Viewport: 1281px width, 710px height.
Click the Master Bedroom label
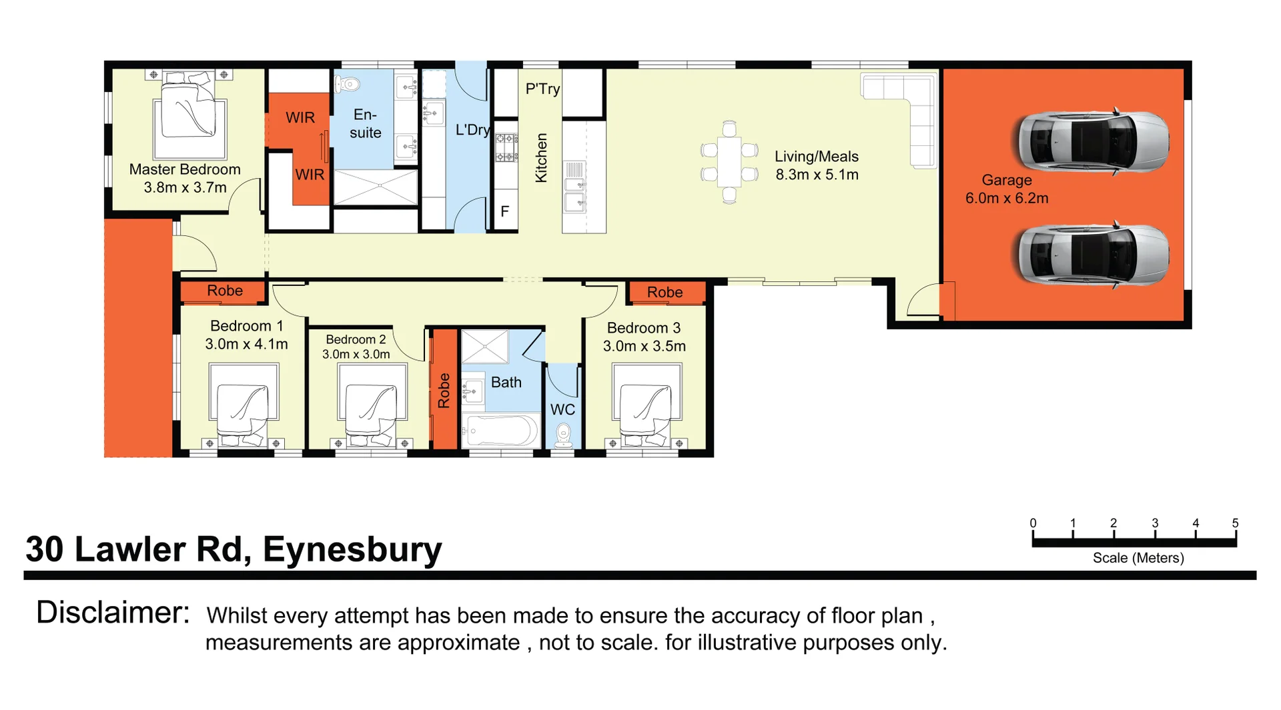[185, 169]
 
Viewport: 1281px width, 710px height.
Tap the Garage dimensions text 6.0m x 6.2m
[1006, 198]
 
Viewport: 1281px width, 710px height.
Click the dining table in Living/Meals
[729, 161]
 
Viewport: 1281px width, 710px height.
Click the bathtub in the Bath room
[500, 431]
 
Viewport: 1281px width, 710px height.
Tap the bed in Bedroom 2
[372, 410]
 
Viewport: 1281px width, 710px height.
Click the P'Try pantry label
[542, 89]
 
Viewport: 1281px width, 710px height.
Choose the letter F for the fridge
[504, 211]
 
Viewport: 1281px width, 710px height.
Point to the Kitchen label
[541, 157]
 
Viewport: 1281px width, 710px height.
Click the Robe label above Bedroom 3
[665, 292]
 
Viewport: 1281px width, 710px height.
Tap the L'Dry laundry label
[472, 130]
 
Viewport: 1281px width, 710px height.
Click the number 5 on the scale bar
[1235, 523]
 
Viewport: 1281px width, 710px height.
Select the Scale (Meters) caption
[1138, 558]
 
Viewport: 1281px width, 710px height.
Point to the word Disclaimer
[113, 612]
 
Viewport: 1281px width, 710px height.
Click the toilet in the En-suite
[348, 84]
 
